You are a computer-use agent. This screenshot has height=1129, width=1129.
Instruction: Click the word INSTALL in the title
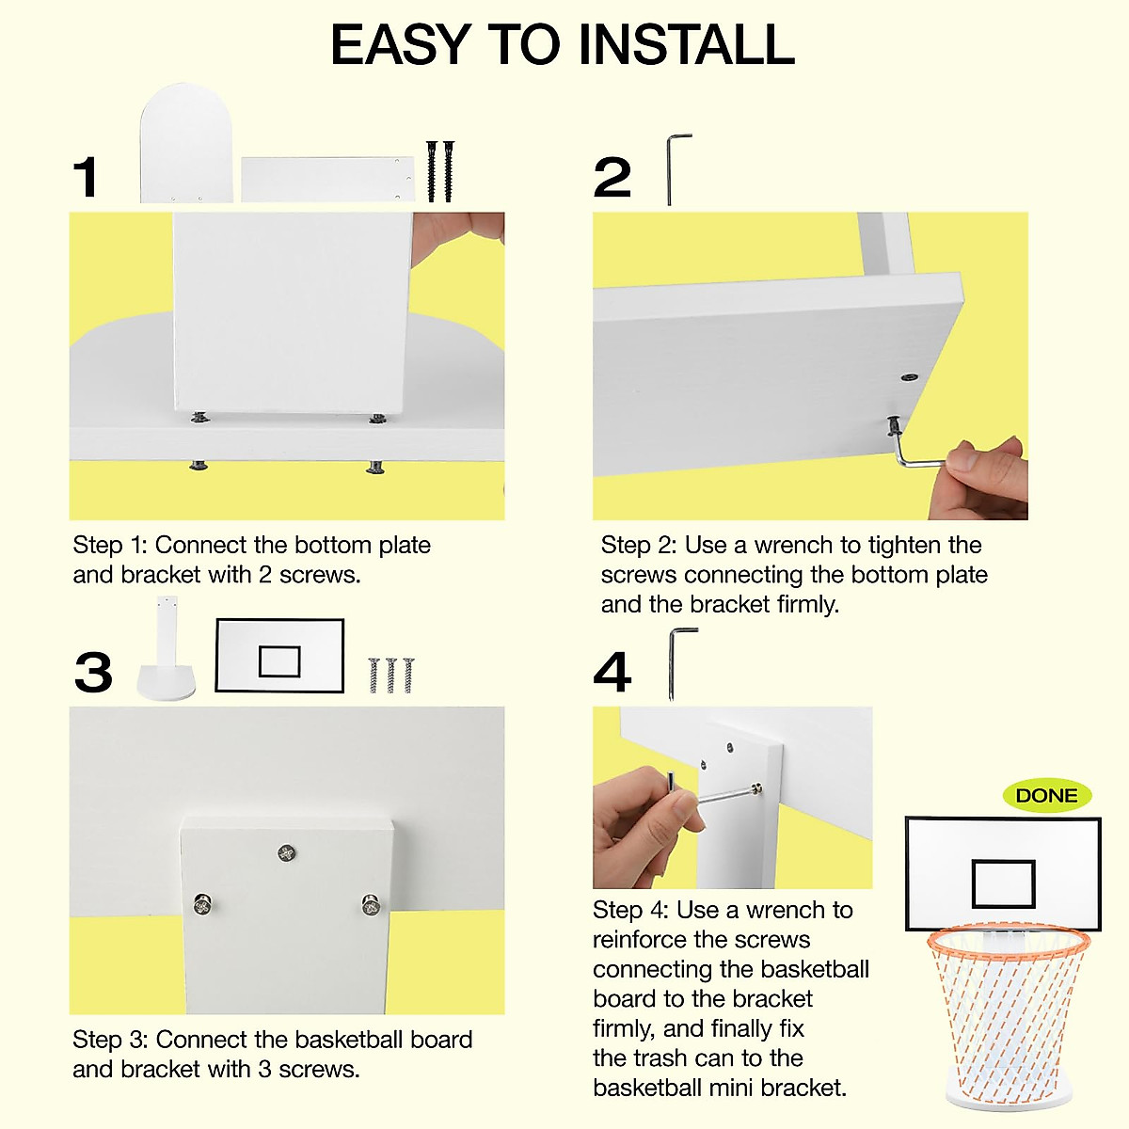(x=686, y=45)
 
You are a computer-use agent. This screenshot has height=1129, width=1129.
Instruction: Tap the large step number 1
(x=86, y=178)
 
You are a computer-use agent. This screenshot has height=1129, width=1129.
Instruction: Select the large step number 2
(x=612, y=178)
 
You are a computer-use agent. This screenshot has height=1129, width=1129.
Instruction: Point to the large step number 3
(x=93, y=673)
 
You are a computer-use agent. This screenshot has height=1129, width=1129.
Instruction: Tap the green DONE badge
(x=1046, y=796)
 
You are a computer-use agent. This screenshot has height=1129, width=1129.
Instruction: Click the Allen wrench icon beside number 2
(x=674, y=168)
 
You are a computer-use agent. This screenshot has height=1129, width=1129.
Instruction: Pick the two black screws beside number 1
(x=439, y=170)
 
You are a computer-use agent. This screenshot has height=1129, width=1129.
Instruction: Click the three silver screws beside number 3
(x=390, y=675)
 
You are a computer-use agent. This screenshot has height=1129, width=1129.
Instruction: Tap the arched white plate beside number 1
(x=186, y=144)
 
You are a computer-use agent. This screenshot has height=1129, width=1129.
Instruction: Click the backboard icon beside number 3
(x=279, y=656)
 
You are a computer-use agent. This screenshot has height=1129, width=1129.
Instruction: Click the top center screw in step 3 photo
(x=287, y=853)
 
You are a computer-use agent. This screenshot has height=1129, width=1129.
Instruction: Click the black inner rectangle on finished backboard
(x=1003, y=883)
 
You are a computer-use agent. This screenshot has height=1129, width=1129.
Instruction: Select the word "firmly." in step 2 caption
(x=808, y=604)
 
